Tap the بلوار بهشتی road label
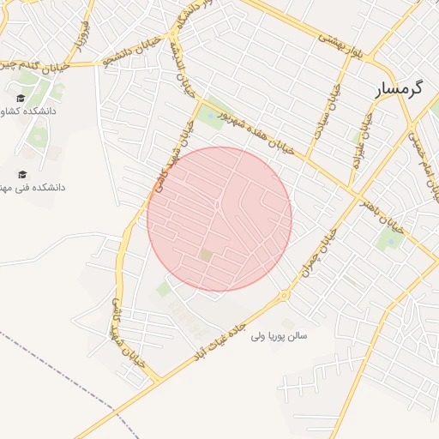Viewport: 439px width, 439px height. coord(345,45)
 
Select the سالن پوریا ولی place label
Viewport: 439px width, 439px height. coord(279,335)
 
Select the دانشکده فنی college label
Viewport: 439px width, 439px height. coord(33,187)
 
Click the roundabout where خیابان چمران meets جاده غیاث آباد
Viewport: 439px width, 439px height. coord(285,296)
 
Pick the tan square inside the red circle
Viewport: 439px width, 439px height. coord(206,255)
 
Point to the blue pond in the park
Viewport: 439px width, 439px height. coord(392,241)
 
